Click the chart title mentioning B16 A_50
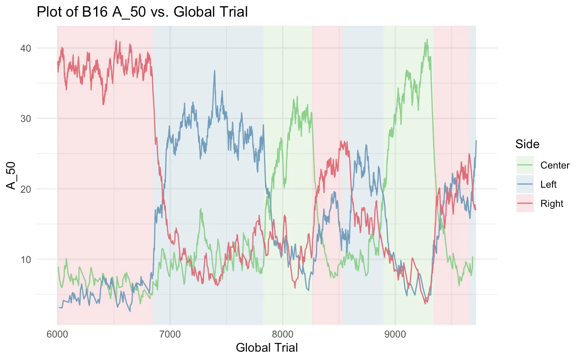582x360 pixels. tap(142, 12)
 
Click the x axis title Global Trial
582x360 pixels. tap(266, 348)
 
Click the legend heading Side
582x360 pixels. tap(527, 144)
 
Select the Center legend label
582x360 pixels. tap(555, 165)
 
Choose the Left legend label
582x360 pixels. tap(548, 184)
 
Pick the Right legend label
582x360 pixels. tap(552, 204)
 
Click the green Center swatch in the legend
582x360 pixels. tap(525, 165)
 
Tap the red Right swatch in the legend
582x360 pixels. tap(525, 204)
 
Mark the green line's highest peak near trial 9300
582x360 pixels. tap(427, 40)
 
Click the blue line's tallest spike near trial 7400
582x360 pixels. tap(215, 70)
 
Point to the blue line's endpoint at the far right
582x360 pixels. tap(476, 141)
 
